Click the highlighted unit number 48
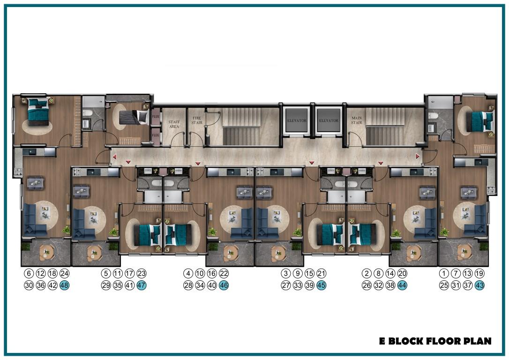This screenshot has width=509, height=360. pos(65,285)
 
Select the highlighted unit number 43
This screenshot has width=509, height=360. pos(479,285)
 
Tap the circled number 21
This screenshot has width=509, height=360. pos(322,273)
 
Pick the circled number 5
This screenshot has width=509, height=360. pos(106,273)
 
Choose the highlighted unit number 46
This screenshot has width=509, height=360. pos(224,285)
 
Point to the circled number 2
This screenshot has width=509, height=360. pos(367,273)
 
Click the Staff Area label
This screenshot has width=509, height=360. pos(174,124)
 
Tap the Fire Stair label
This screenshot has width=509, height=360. pos(197,120)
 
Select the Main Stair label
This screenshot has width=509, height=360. pos(356,120)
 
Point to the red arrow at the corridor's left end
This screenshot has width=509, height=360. pos(114,157)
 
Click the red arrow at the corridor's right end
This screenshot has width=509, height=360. pos(418,157)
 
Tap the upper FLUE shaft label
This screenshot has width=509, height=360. pos(156,116)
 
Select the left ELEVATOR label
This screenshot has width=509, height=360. pos(297,120)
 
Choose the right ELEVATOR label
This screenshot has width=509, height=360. pos(329,120)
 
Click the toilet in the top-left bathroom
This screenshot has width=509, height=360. pos(88,113)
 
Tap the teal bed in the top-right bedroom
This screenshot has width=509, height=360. pos(480,121)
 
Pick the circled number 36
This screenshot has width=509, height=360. pos(41,285)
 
